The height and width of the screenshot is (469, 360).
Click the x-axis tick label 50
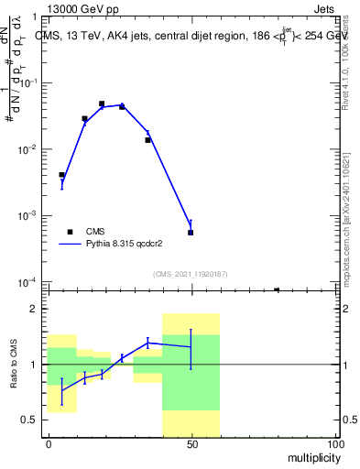[191, 443]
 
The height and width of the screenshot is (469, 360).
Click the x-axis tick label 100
[334, 443]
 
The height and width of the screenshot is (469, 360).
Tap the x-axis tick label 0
[48, 443]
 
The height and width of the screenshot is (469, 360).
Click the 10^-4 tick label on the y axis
[27, 282]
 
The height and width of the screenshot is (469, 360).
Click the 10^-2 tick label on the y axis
[27, 149]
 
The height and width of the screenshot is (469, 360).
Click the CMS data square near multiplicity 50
[191, 233]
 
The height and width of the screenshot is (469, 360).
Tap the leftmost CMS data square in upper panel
[61, 175]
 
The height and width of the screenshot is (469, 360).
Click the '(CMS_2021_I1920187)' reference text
[191, 272]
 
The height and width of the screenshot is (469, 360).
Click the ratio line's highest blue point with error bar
[147, 343]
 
